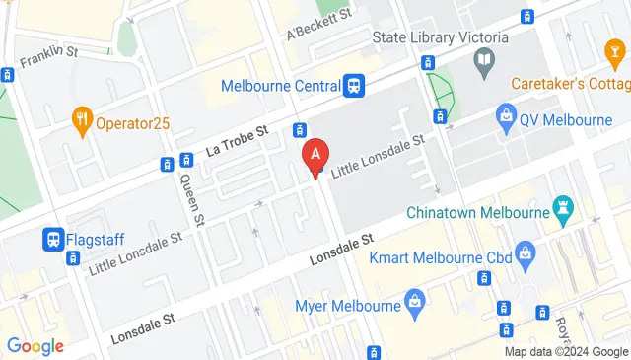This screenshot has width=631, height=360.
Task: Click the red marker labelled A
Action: click(x=315, y=156)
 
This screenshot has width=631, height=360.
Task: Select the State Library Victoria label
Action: click(x=440, y=38)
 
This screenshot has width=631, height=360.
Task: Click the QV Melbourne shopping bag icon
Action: click(x=507, y=119)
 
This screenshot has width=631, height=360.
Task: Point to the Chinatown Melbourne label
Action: click(x=477, y=213)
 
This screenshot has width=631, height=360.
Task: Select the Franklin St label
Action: click(x=48, y=54)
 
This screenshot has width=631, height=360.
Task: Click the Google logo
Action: click(x=35, y=346)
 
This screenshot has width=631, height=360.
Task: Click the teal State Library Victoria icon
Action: click(x=485, y=65)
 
